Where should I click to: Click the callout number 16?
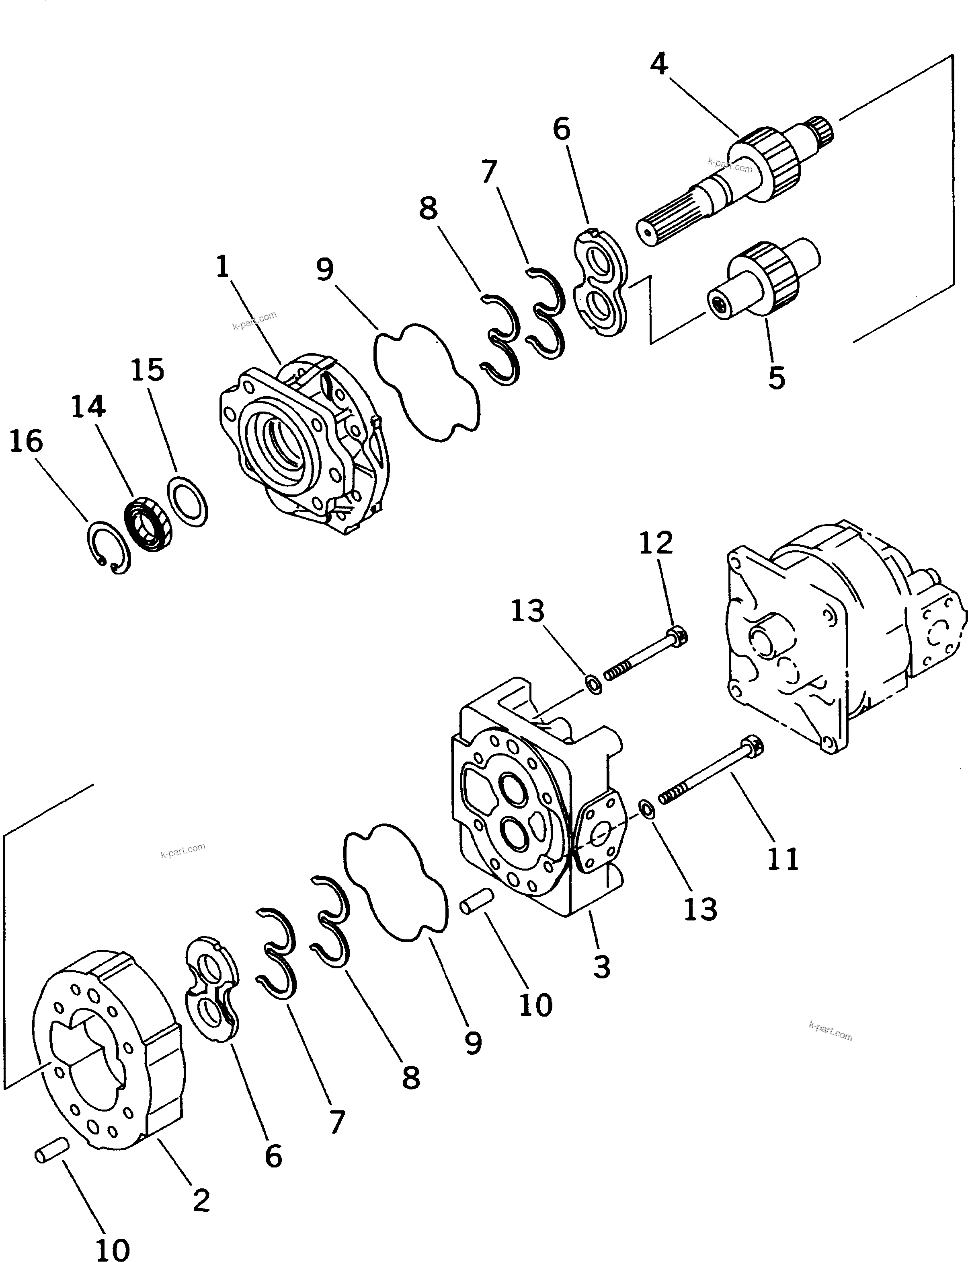[27, 442]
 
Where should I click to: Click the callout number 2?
[201, 1200]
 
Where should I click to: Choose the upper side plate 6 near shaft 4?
[603, 282]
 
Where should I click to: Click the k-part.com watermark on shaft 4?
[730, 166]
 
